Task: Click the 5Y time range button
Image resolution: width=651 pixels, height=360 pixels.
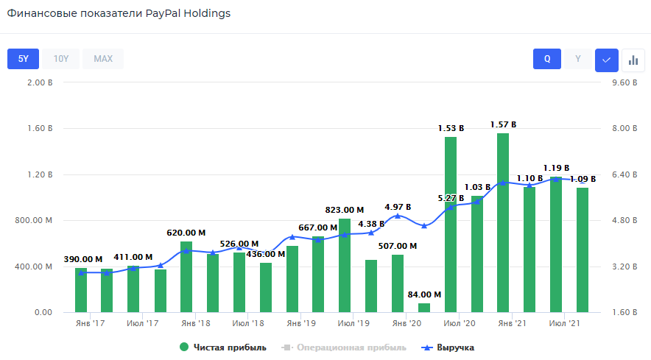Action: [23, 59]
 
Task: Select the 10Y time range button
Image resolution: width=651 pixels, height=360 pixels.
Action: [61, 59]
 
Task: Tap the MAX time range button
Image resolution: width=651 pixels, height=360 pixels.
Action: [103, 59]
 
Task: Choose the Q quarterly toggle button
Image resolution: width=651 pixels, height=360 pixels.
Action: [547, 59]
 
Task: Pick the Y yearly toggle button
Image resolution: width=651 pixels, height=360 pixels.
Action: [578, 59]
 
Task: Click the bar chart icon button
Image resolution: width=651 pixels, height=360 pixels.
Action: [633, 60]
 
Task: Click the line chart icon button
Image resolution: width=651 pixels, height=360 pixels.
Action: [607, 60]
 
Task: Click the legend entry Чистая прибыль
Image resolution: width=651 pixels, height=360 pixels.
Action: [223, 347]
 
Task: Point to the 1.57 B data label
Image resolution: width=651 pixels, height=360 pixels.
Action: [504, 124]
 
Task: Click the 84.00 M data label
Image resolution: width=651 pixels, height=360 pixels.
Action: [424, 294]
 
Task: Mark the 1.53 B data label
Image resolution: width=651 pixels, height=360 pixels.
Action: [451, 128]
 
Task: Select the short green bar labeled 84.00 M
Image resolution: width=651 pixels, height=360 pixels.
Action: [424, 308]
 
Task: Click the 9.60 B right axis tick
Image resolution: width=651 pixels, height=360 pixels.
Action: [624, 82]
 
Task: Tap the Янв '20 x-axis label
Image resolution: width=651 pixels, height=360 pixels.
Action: [406, 323]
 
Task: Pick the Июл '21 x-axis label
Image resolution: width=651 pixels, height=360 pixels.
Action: [563, 323]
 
